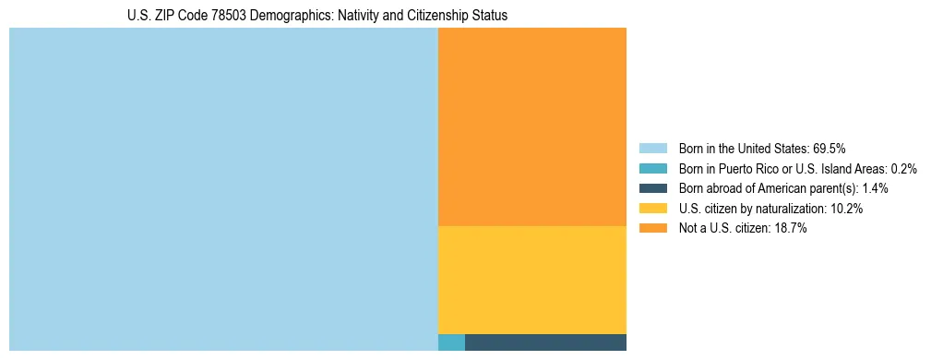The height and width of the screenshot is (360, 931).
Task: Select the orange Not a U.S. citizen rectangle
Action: click(x=532, y=126)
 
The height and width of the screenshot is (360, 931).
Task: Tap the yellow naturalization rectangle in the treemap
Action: click(x=532, y=280)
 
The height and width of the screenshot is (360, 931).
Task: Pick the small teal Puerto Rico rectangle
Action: click(x=451, y=342)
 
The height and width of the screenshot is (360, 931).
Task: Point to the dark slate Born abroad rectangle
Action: click(x=545, y=342)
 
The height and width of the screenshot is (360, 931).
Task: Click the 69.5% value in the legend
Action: click(x=830, y=148)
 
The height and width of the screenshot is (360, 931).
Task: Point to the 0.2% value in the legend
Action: click(x=903, y=168)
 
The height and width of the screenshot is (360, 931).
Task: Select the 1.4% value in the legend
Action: click(x=875, y=188)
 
